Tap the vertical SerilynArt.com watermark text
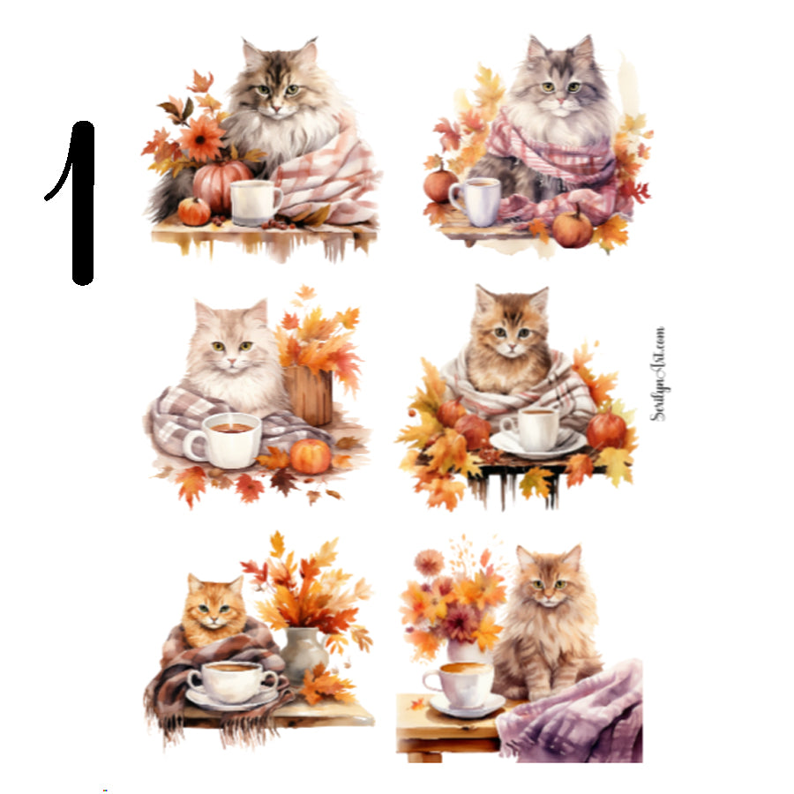(658, 374)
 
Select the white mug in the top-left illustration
(254, 202)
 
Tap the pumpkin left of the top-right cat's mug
(440, 185)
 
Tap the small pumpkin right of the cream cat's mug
(311, 456)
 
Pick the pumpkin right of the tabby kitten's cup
(607, 430)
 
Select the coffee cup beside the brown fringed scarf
(232, 682)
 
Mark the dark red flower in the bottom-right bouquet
(460, 623)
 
